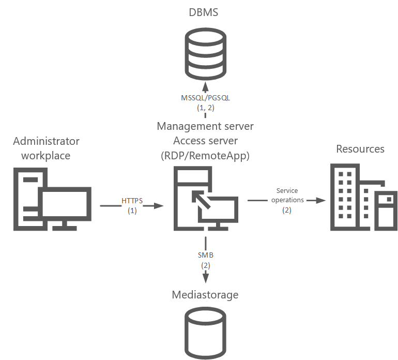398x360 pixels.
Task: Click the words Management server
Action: [x=205, y=126]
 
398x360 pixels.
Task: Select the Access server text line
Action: [x=205, y=141]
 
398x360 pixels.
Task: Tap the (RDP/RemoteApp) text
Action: [x=205, y=155]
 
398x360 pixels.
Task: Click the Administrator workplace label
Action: [x=47, y=148]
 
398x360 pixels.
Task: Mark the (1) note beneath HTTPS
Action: [x=132, y=211]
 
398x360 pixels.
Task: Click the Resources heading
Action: [x=360, y=149]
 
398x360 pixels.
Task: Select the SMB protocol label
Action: [x=205, y=255]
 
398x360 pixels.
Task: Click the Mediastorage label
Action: [x=205, y=295]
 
